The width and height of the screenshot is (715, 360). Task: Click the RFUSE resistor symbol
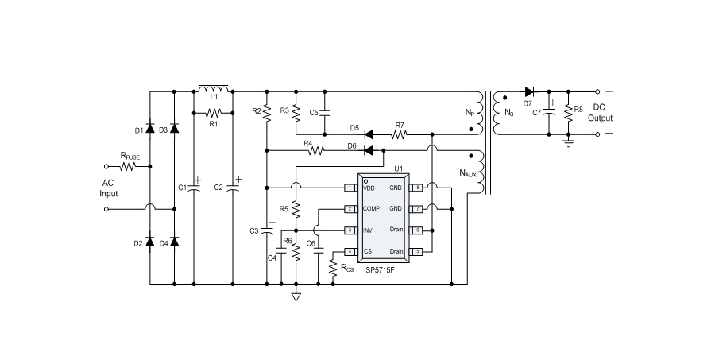coord(129,167)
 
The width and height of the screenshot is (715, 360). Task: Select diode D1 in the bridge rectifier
coord(151,129)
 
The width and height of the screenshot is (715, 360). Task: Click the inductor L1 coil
coord(213,87)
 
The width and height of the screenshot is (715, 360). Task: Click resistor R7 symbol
coord(400,134)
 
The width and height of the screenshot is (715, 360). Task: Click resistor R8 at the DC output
coord(568,113)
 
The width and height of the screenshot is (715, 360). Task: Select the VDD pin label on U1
coord(369,188)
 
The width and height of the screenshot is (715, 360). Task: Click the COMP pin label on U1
coord(371,209)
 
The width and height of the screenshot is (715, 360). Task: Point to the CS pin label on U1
coord(367,251)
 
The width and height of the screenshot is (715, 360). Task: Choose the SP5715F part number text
coord(382,269)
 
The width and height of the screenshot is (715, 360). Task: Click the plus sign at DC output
coord(610,91)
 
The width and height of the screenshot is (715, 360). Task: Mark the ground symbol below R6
coord(296,298)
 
